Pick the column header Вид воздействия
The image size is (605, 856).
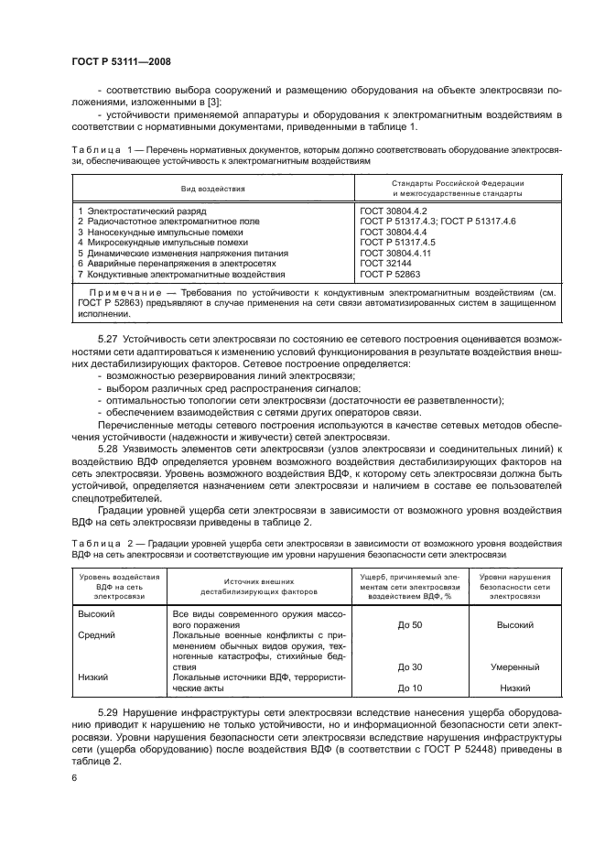coord(213,189)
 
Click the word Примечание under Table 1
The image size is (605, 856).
coord(113,293)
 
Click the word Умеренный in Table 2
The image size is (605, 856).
coord(514,666)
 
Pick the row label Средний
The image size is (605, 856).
coord(97,635)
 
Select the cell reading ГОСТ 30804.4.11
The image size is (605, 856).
coord(392,253)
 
